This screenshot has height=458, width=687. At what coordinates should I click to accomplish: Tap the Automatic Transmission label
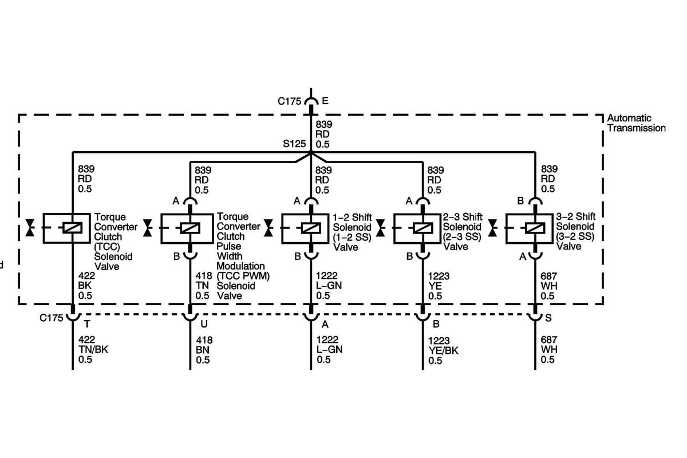[636, 123]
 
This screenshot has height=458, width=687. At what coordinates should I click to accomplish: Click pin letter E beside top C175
[325, 101]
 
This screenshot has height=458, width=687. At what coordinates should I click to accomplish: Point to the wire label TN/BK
[93, 349]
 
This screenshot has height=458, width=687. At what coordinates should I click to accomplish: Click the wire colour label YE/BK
[443, 350]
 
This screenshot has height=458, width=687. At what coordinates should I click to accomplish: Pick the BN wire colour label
[202, 349]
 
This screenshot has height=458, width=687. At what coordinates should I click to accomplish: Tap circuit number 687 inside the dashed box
[548, 276]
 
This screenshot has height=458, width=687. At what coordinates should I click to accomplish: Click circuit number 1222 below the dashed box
[326, 339]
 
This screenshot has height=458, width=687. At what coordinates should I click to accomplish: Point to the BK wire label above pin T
[84, 286]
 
